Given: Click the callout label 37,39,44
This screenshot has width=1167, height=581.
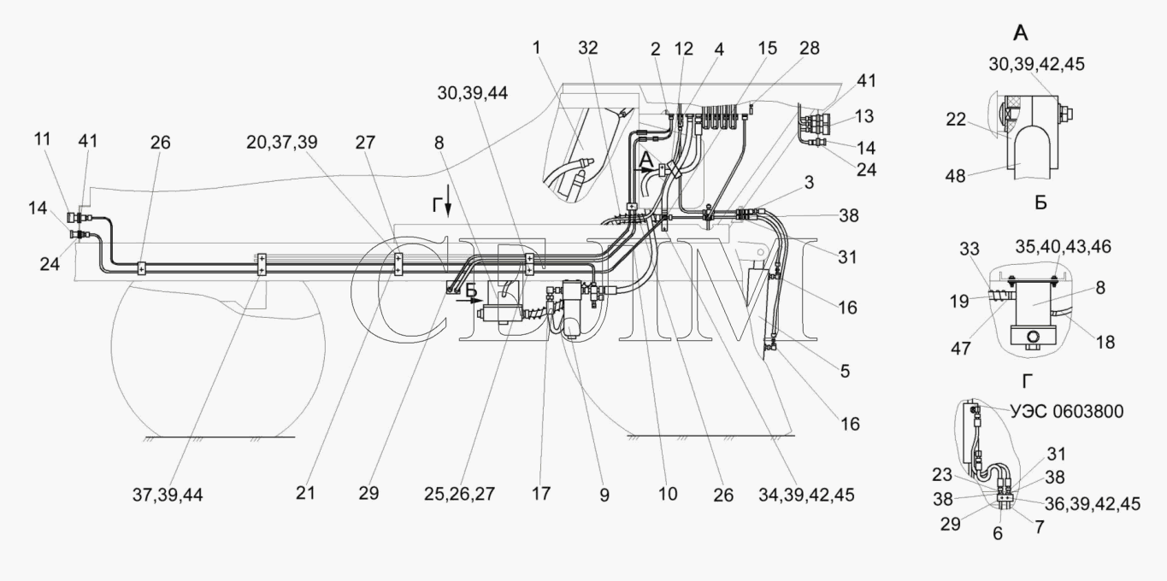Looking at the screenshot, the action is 168,495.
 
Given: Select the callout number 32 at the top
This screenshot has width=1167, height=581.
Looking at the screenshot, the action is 587,48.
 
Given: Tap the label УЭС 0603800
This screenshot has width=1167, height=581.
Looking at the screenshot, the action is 1066,411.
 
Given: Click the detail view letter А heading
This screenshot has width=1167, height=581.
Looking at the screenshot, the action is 1021,33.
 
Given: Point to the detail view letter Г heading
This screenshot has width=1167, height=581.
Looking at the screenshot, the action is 1028,382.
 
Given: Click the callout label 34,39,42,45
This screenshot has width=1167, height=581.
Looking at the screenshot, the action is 806,495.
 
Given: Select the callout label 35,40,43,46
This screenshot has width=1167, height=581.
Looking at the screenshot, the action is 1063,246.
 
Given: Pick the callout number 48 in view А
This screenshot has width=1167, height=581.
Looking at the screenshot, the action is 956,176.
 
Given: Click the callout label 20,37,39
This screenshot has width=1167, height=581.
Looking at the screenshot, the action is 282,142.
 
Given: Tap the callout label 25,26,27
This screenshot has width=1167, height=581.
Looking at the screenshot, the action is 459,494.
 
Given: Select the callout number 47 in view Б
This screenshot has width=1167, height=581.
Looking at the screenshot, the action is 961,348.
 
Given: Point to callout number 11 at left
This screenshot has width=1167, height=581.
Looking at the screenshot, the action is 42,139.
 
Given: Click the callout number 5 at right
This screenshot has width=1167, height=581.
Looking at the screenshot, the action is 845,371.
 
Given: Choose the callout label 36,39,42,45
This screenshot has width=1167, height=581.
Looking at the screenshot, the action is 1093,503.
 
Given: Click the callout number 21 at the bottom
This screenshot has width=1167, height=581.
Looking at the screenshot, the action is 306,492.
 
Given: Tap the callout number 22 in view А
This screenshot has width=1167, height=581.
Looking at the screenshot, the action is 956,120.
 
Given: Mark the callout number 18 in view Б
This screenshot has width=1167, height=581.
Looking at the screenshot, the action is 1105,342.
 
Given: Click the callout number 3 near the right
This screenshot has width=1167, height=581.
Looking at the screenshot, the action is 809,182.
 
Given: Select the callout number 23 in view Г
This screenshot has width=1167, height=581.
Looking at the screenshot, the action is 942,474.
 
